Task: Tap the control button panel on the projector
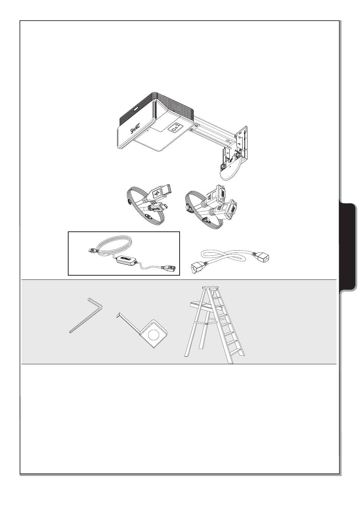tap(176, 128)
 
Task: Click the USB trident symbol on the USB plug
tap(157, 194)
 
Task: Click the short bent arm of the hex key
tap(95, 302)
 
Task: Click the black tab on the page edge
tap(348, 247)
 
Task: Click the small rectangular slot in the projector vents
tap(135, 108)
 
